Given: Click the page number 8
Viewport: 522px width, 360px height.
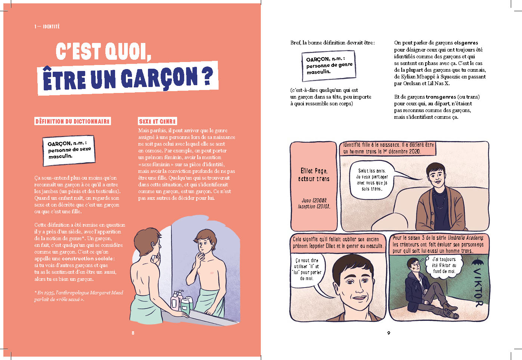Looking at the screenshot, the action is point(133,333).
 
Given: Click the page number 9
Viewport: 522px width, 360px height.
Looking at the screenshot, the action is point(389,333).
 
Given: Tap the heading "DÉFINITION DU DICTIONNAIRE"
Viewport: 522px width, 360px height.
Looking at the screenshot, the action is point(72,121).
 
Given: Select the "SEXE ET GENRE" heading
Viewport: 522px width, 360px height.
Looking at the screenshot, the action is point(157,121).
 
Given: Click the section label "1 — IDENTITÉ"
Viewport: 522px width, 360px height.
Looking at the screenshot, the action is point(47,27).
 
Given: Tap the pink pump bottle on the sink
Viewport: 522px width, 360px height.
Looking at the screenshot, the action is point(175,301).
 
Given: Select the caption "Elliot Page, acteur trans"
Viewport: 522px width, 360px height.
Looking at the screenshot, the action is point(313,175).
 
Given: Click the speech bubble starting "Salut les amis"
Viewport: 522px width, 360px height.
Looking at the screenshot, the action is point(372,180).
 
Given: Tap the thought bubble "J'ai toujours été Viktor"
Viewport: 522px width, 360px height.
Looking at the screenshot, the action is point(444,266).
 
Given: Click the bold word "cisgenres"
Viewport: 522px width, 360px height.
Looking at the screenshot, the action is point(466,43).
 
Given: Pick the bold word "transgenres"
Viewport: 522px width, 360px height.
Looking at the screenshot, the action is point(441,97).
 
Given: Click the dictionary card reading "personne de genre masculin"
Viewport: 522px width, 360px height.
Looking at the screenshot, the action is point(329,66).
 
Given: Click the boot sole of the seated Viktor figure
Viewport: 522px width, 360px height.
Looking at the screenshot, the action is point(452,314).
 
